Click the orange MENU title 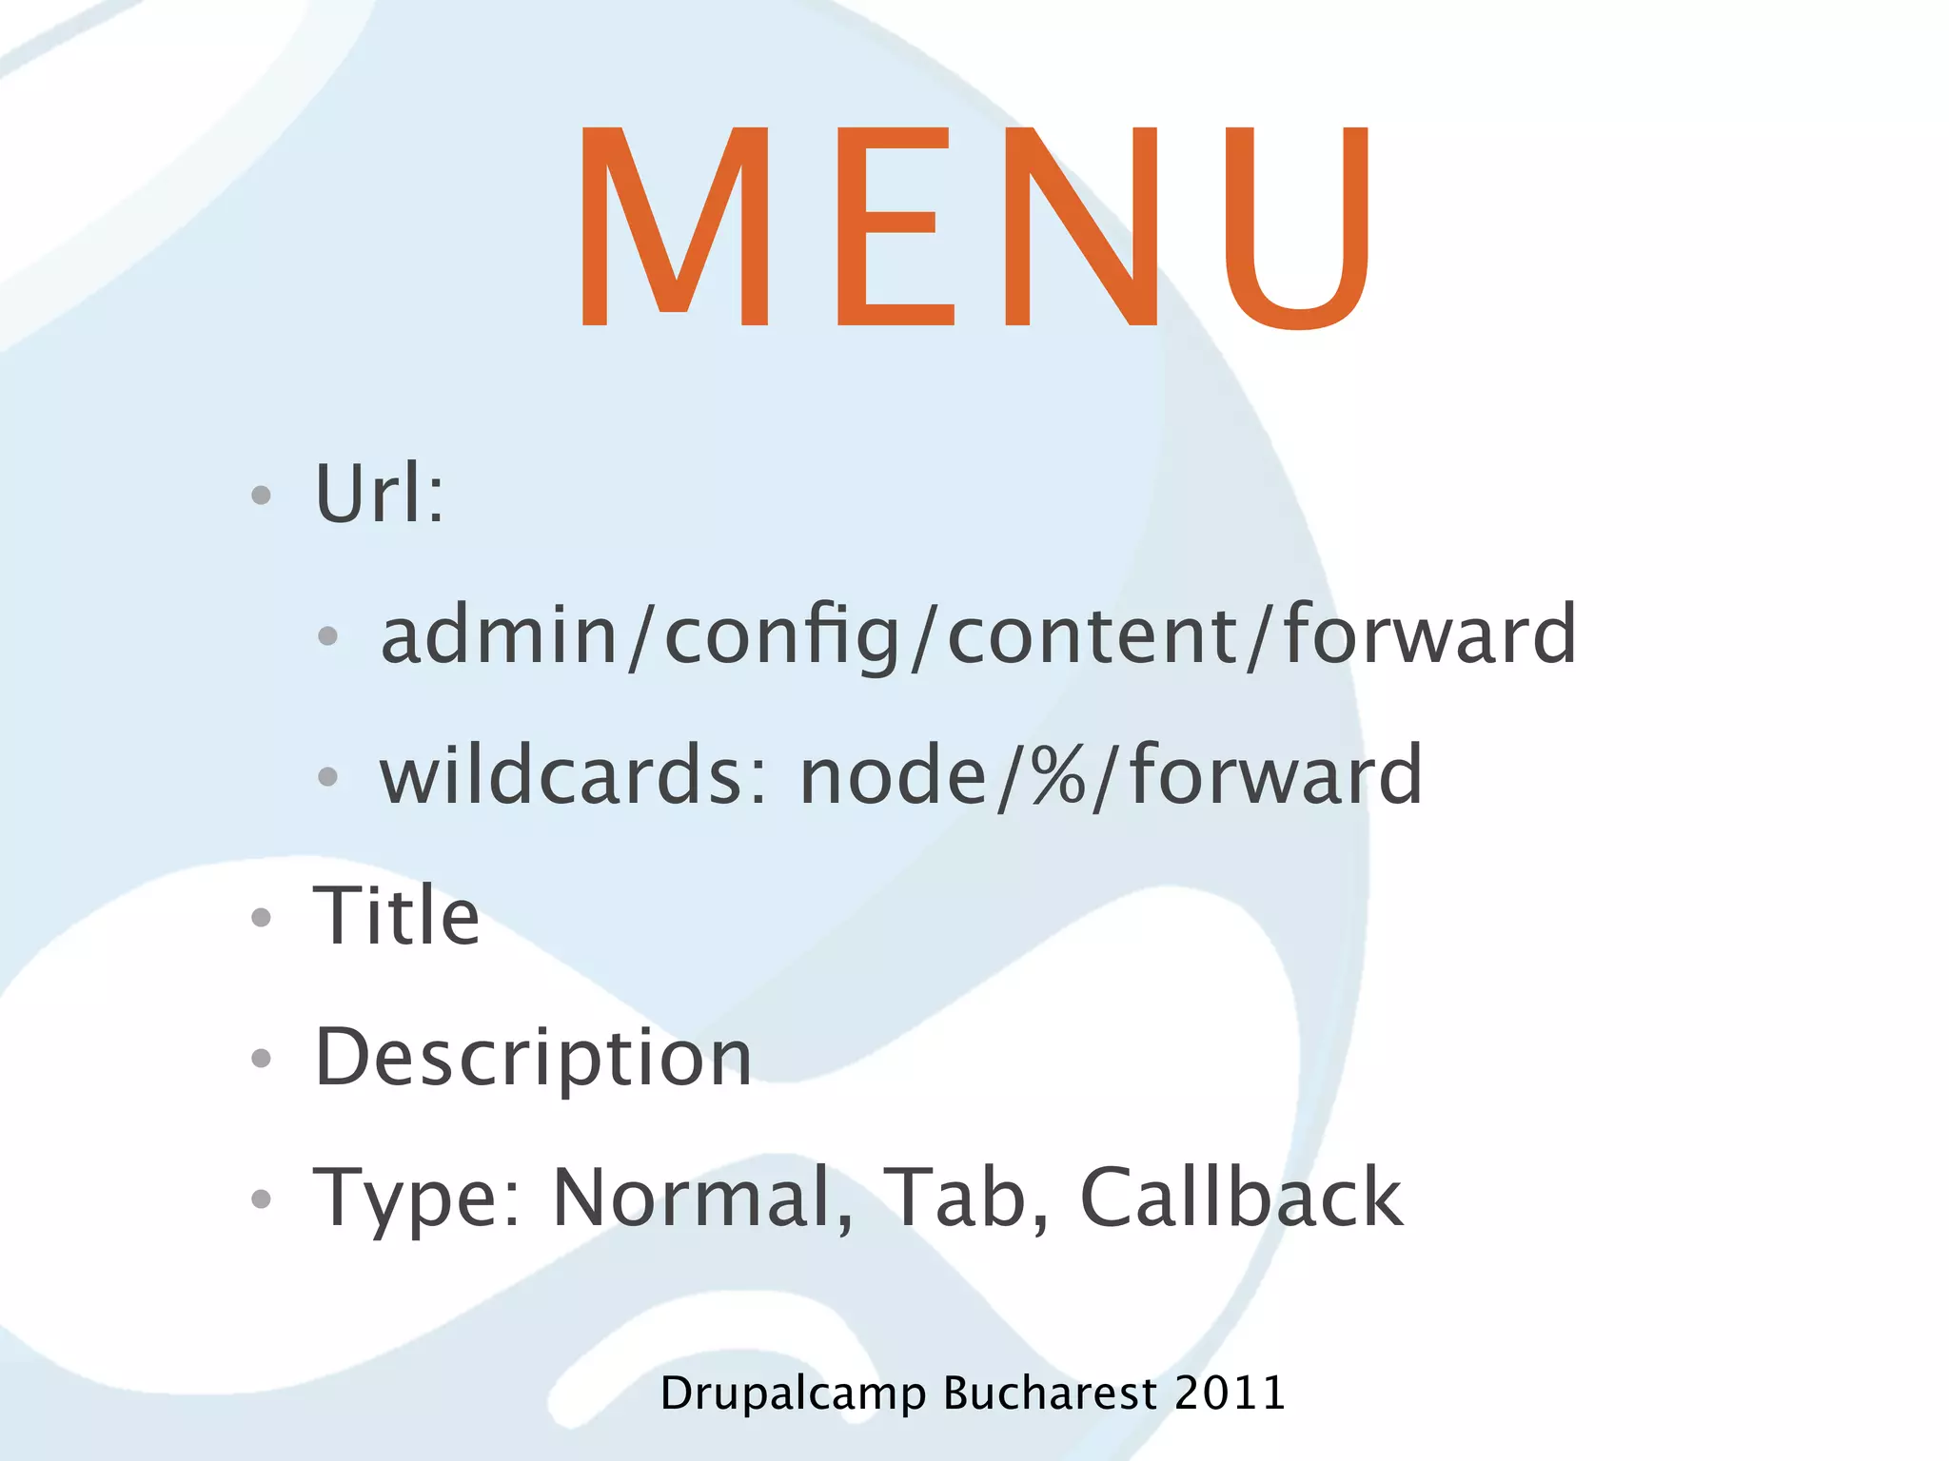(974, 228)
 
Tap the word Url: (379, 494)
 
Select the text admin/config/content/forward (978, 635)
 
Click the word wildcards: (573, 775)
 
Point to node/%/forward (1111, 775)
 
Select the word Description (533, 1058)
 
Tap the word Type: (417, 1198)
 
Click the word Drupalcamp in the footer (793, 1394)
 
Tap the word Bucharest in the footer (1050, 1393)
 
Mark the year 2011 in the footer (1230, 1393)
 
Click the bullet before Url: (261, 495)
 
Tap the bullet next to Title (261, 917)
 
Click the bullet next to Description (261, 1058)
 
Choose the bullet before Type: (261, 1198)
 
